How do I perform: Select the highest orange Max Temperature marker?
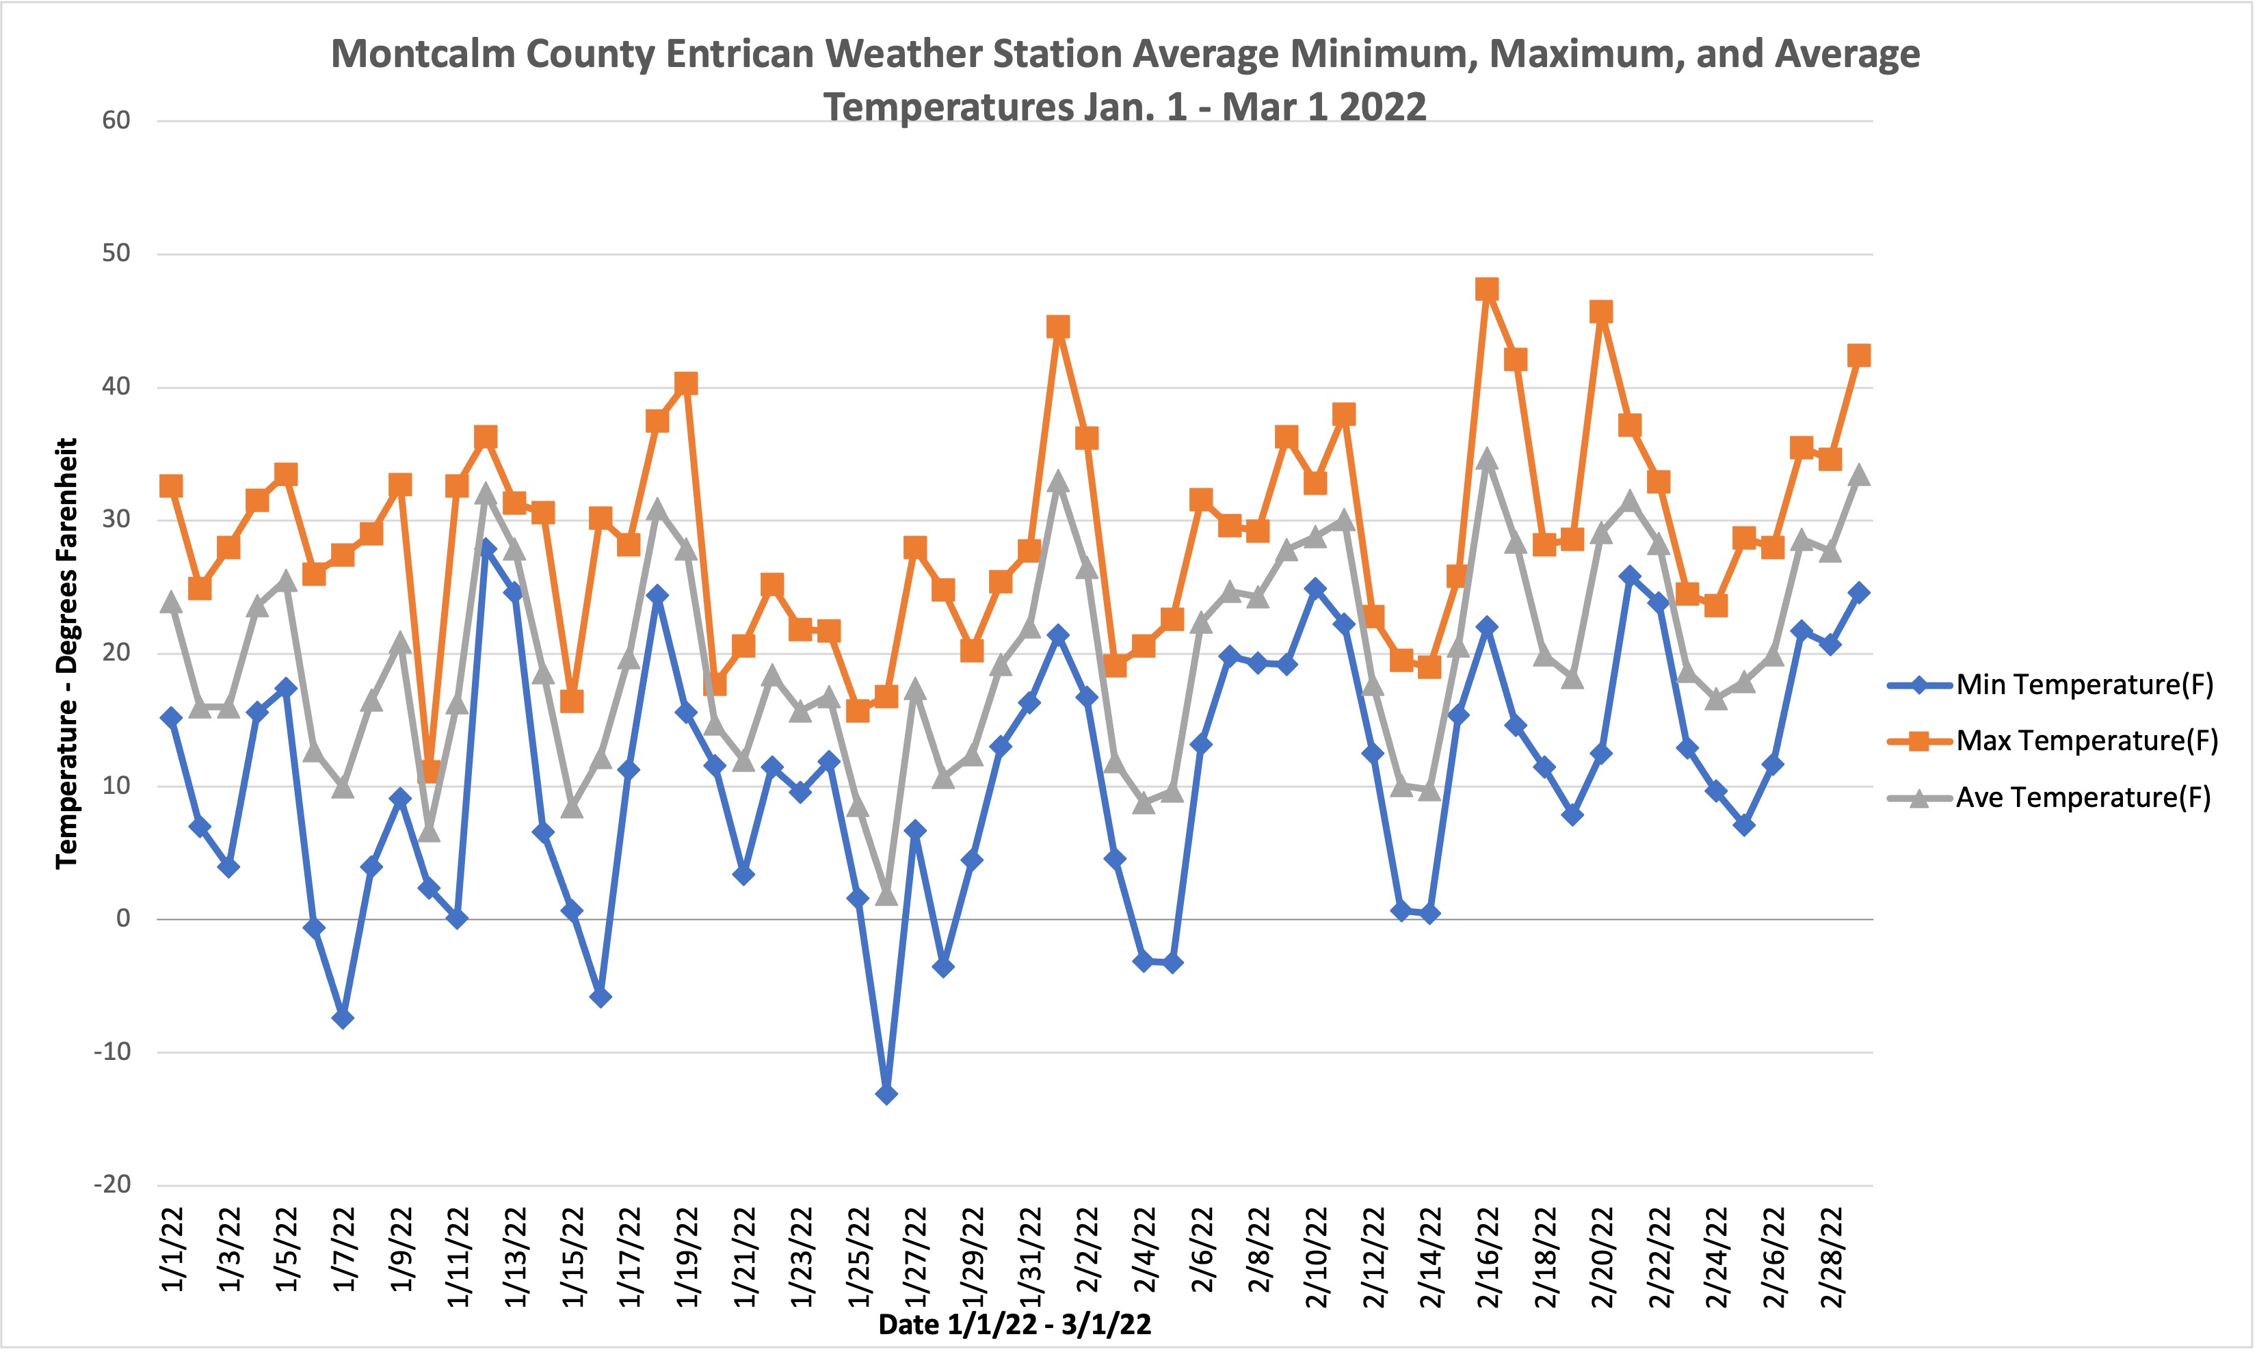pyautogui.click(x=1487, y=290)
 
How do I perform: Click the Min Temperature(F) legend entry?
pyautogui.click(x=2084, y=685)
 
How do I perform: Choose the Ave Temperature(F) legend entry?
pyautogui.click(x=2083, y=797)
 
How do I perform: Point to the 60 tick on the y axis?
pyautogui.click(x=116, y=120)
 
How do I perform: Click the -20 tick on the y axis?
pyautogui.click(x=113, y=1185)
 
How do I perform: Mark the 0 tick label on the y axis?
pyautogui.click(x=123, y=919)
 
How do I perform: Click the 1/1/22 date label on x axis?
pyautogui.click(x=173, y=1250)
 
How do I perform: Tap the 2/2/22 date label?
pyautogui.click(x=1087, y=1250)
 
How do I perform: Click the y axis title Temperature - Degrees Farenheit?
pyautogui.click(x=66, y=653)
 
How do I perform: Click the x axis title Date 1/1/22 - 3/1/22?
pyautogui.click(x=1014, y=1325)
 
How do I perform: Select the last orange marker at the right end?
pyautogui.click(x=1858, y=356)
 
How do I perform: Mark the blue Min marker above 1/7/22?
pyautogui.click(x=343, y=1018)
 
